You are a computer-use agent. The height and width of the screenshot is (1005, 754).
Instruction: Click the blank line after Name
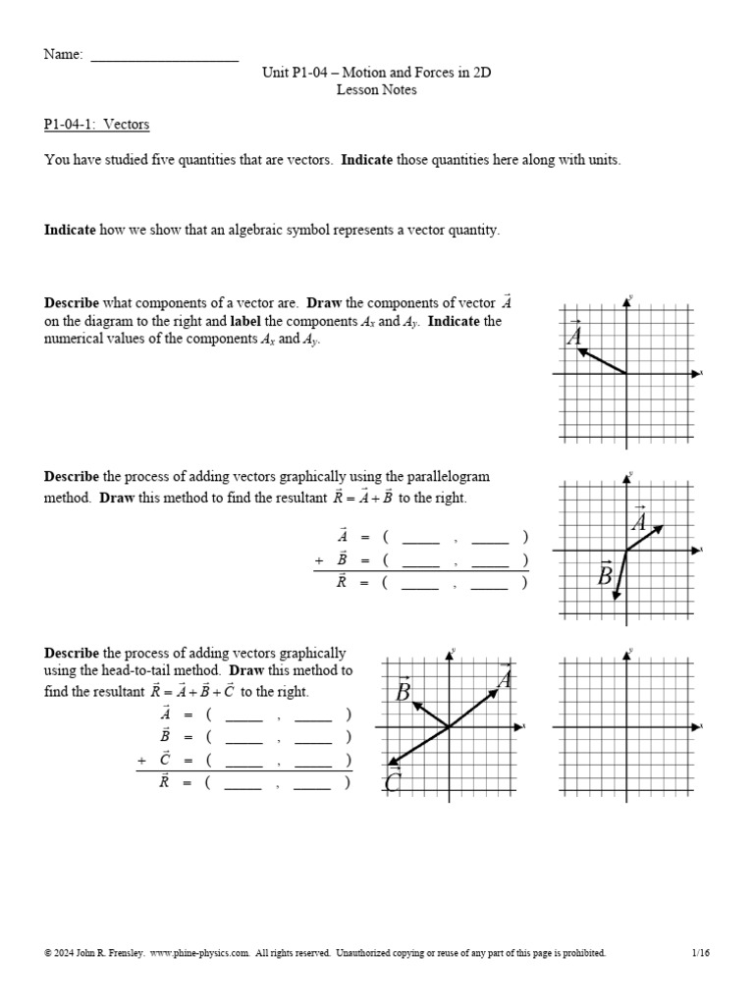pyautogui.click(x=164, y=56)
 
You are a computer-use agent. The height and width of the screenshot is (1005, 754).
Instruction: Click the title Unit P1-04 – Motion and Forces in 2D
pyautogui.click(x=376, y=73)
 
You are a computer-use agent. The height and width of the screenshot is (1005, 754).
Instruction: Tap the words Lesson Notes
pyautogui.click(x=376, y=89)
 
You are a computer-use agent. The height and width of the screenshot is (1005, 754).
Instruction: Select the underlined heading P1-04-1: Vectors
pyautogui.click(x=96, y=125)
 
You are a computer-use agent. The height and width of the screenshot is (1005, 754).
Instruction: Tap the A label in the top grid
pyautogui.click(x=575, y=335)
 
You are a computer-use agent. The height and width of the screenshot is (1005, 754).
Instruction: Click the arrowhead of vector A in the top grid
pyautogui.click(x=580, y=350)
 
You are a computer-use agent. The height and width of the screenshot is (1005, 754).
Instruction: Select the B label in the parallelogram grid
pyautogui.click(x=606, y=574)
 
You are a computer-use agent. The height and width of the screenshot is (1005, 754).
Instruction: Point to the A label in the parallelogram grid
pyautogui.click(x=639, y=518)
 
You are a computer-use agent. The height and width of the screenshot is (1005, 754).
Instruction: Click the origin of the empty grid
pyautogui.click(x=627, y=727)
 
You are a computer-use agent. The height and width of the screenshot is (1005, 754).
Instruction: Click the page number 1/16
pyautogui.click(x=700, y=953)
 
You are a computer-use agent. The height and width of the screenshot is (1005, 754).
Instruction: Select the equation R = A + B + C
pyautogui.click(x=188, y=691)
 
